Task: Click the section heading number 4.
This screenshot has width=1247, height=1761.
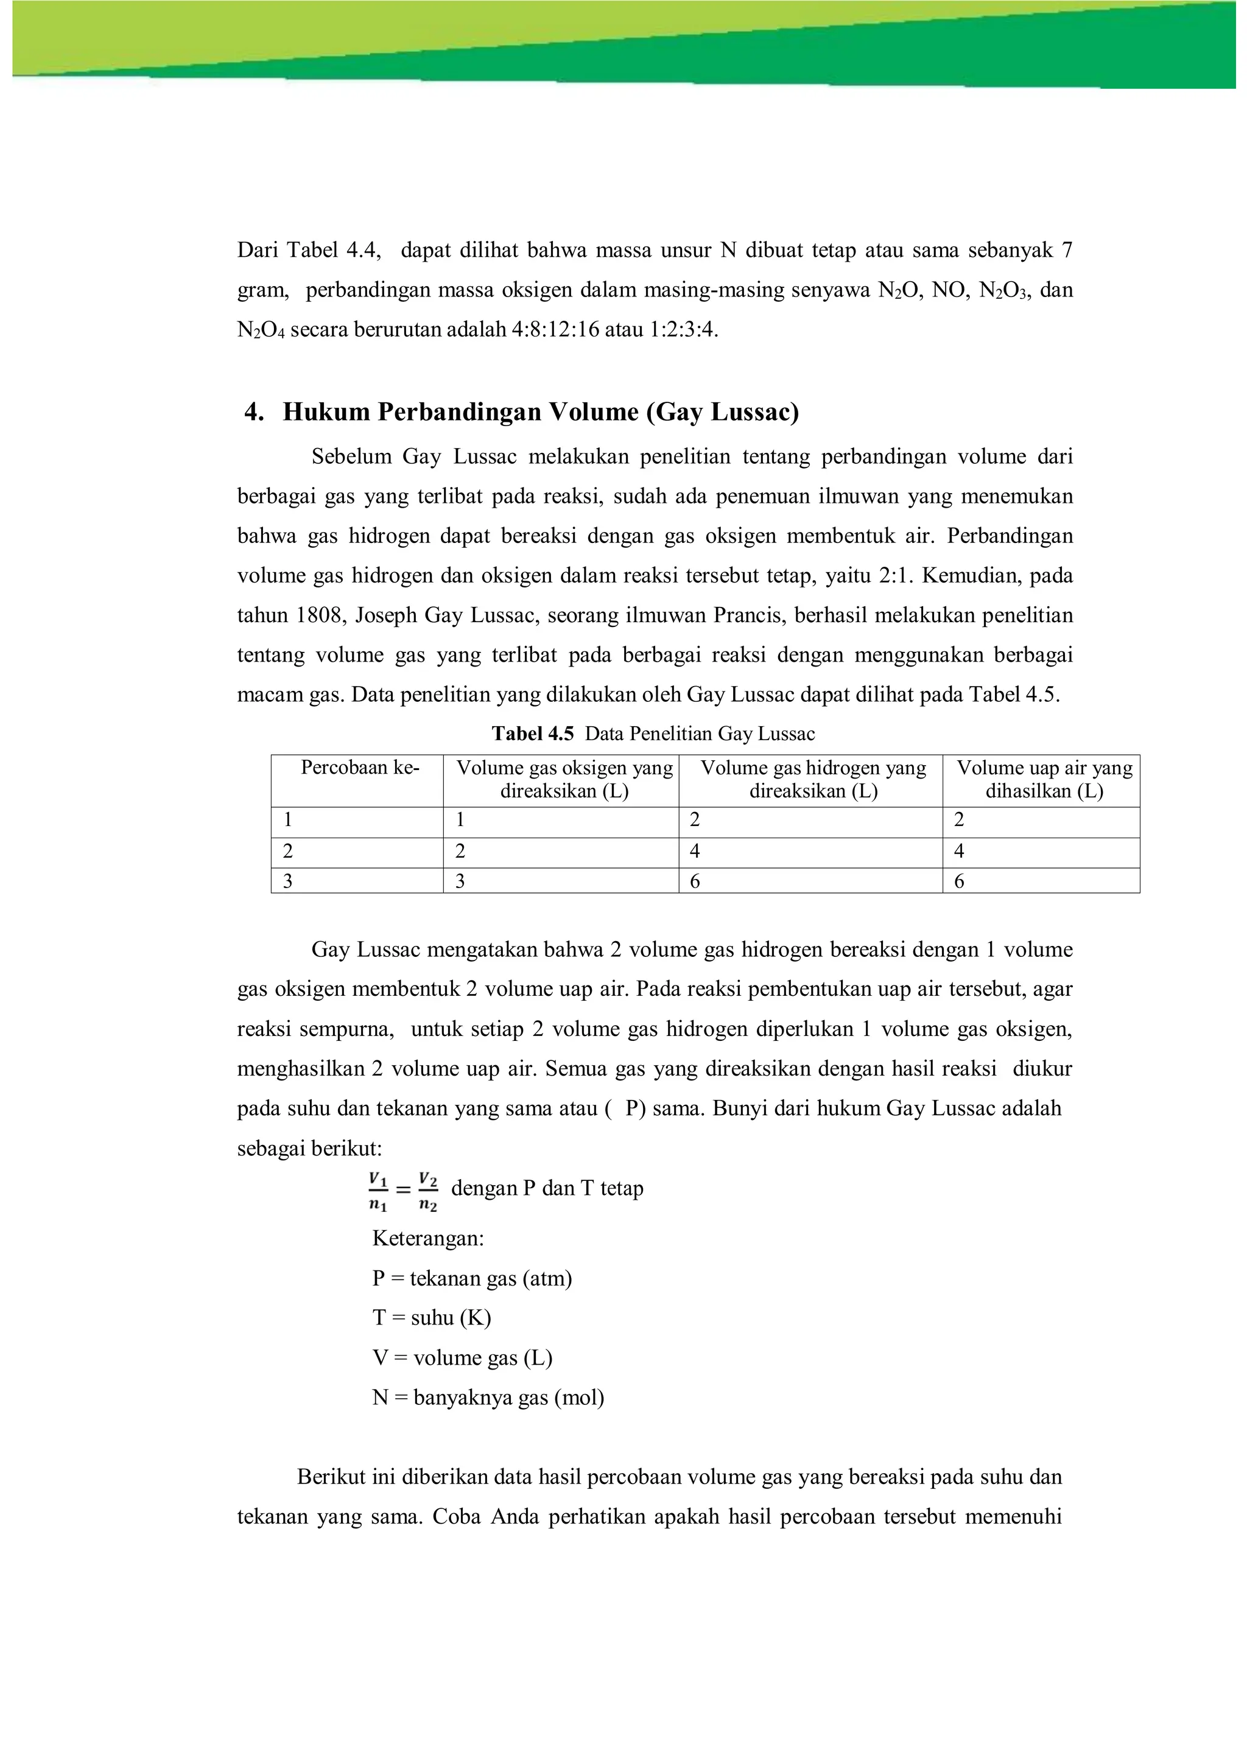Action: coord(253,413)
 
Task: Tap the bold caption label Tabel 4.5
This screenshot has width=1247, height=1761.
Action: coord(532,734)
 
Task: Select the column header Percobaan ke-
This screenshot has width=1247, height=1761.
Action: coord(359,768)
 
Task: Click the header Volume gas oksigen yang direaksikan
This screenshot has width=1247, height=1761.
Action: coord(564,779)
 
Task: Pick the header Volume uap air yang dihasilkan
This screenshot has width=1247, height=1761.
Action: coord(1044,779)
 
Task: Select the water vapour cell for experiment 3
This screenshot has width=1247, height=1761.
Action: coord(959,881)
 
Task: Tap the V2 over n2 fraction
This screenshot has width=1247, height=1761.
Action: coord(429,1191)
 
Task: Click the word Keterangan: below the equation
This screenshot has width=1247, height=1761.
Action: coord(427,1239)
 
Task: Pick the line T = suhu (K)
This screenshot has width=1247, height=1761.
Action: coord(432,1318)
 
